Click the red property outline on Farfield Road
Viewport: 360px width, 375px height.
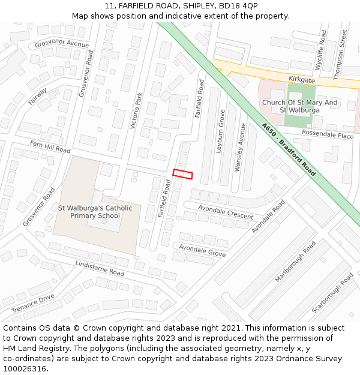click(183, 174)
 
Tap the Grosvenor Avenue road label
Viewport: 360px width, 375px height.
click(62, 44)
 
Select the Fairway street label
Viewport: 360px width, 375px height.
click(37, 97)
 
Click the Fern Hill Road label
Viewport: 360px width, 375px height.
click(50, 146)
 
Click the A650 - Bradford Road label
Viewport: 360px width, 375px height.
click(289, 149)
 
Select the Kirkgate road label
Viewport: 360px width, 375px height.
click(301, 79)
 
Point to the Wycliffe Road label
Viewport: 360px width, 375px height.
click(323, 55)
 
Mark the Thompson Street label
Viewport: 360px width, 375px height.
click(340, 55)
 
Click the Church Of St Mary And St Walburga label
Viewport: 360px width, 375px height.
click(300, 106)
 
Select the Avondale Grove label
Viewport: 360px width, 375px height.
click(202, 250)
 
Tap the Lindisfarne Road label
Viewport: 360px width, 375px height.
click(100, 268)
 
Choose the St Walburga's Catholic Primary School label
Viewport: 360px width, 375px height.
click(95, 212)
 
